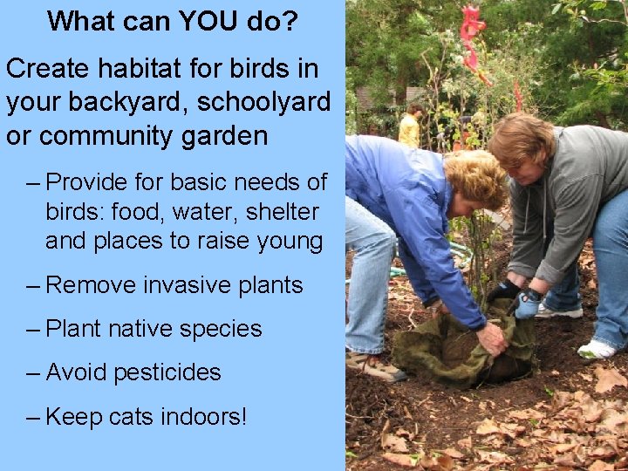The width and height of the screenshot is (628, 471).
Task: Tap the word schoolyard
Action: tap(264, 103)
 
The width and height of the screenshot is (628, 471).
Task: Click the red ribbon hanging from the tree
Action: tap(472, 39)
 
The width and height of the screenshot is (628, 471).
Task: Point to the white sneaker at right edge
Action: tap(597, 349)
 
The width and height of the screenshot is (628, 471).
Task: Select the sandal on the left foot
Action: tap(375, 367)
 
